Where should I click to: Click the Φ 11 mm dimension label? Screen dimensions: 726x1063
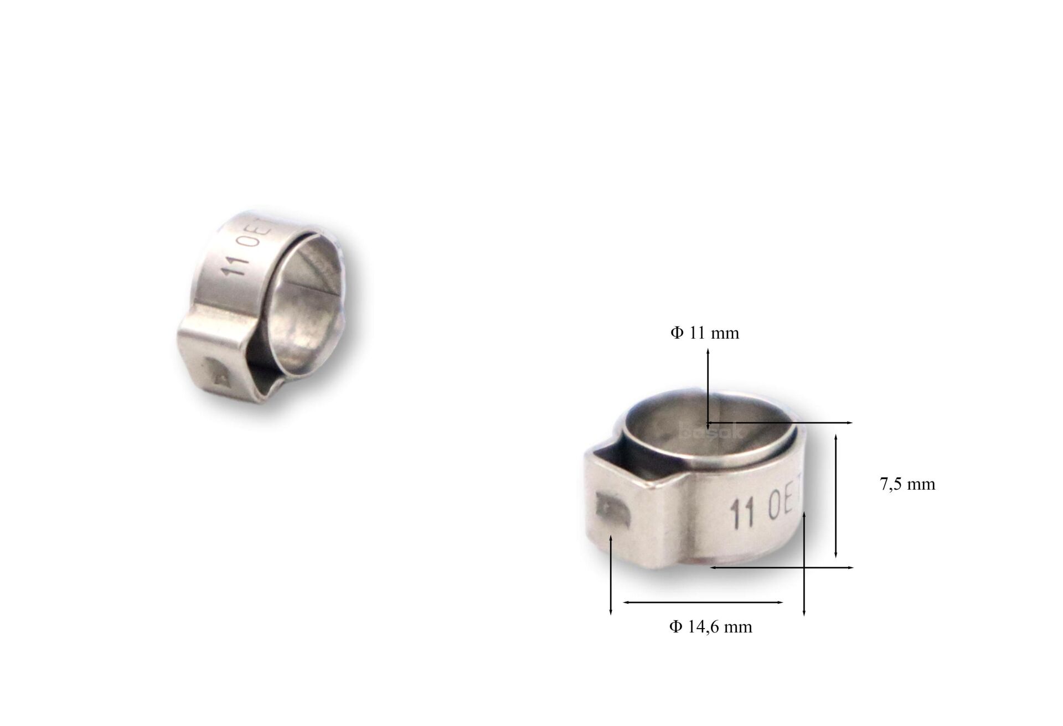(x=705, y=333)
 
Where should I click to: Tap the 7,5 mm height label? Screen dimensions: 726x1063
(x=907, y=484)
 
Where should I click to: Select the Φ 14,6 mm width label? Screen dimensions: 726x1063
(x=710, y=627)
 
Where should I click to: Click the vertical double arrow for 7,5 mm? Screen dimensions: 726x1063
(x=836, y=496)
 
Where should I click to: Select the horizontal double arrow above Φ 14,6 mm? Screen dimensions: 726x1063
(x=703, y=602)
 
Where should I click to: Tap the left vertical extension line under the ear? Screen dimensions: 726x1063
(x=610, y=575)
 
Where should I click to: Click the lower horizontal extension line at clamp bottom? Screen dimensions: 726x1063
(x=781, y=567)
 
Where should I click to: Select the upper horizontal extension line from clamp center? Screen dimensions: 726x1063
(x=781, y=423)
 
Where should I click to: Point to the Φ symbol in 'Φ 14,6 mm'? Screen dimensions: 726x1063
(x=675, y=627)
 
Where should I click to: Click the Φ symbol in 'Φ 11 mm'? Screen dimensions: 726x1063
(x=677, y=333)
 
